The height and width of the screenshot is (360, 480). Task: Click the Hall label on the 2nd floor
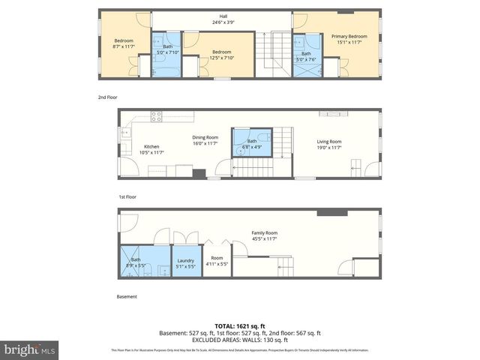(x=222, y=19)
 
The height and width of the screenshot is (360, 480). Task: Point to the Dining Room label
(x=204, y=140)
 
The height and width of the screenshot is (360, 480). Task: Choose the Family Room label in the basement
(x=264, y=236)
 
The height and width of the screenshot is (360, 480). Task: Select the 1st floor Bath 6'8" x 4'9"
(x=252, y=144)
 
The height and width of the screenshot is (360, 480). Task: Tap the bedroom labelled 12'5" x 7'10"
(x=220, y=55)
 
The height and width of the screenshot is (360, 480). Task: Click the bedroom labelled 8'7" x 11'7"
(x=123, y=43)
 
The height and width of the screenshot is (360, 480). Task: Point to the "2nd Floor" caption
(x=108, y=97)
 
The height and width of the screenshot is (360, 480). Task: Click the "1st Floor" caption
(x=128, y=196)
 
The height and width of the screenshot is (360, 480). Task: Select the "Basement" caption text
(x=127, y=296)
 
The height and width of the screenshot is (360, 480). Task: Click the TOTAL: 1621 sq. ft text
(x=240, y=325)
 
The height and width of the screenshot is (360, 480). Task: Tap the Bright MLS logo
(x=30, y=349)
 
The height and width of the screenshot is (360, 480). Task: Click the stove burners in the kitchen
(x=157, y=116)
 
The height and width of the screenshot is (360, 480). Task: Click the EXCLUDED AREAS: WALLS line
(x=240, y=340)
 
